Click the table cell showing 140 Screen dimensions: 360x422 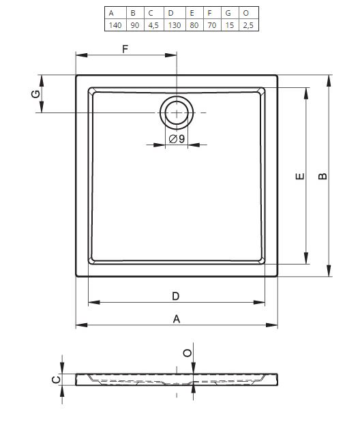click(115, 25)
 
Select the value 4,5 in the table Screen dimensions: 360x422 click(153, 25)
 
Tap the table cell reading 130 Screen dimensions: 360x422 click(175, 25)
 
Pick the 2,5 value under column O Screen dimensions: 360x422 click(248, 25)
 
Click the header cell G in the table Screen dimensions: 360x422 click(228, 13)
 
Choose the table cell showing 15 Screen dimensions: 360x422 click(229, 25)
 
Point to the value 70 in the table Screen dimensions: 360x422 click(212, 25)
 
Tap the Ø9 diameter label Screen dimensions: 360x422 click(177, 139)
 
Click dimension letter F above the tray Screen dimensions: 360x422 click(125, 49)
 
